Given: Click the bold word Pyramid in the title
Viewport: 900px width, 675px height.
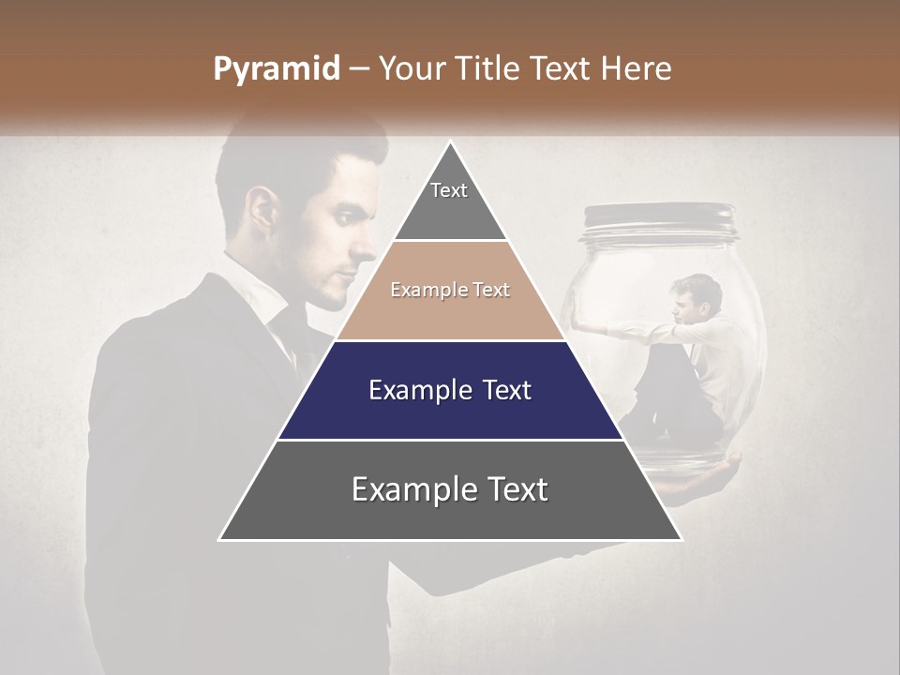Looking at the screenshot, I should pos(276,69).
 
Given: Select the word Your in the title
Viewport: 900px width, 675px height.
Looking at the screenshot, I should pos(409,69).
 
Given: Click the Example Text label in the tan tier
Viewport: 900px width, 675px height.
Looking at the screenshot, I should pos(450,291).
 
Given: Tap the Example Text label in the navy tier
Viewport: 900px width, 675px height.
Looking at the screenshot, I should pos(450,390).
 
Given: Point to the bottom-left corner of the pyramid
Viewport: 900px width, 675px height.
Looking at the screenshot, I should pos(220,539).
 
